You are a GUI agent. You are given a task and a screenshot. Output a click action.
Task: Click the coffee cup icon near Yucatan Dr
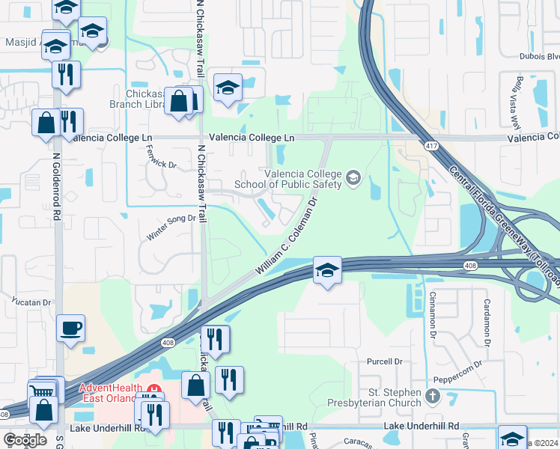[x=70, y=328]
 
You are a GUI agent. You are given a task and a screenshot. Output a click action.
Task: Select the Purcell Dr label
[x=384, y=361]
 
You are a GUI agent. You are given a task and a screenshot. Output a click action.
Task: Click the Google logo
[x=25, y=440]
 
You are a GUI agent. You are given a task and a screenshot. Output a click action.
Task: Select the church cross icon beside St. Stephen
[x=432, y=395]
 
